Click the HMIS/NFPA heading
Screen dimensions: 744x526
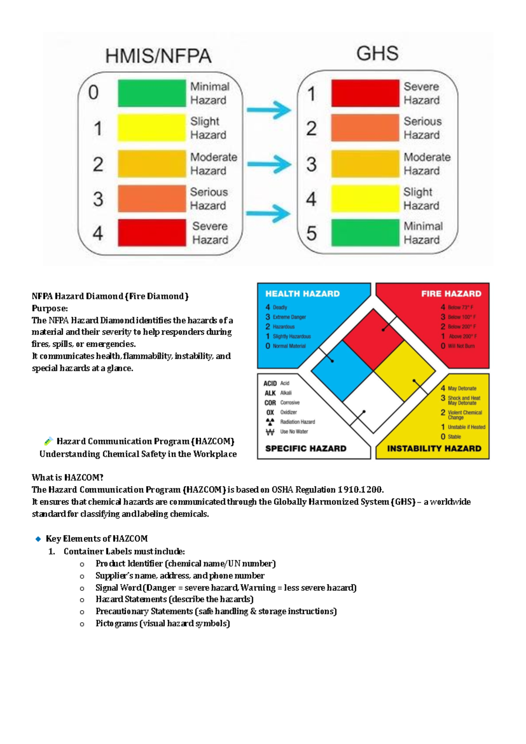(x=158, y=56)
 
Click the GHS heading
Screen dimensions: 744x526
(x=377, y=54)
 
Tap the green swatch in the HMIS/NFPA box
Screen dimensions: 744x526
(x=152, y=93)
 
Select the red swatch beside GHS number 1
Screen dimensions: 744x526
(x=365, y=93)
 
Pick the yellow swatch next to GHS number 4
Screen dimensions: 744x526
(x=365, y=199)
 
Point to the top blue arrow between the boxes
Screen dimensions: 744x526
(x=269, y=110)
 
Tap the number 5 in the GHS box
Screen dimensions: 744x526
(x=311, y=233)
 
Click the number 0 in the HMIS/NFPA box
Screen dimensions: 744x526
(x=93, y=93)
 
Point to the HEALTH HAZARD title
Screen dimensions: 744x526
(x=302, y=294)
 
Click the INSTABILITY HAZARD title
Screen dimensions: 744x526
(x=434, y=448)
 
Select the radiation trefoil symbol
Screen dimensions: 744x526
(x=270, y=422)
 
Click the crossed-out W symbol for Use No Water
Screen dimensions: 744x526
(x=270, y=432)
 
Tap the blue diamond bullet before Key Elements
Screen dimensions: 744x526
(x=38, y=539)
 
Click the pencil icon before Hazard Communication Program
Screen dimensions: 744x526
(x=48, y=441)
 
